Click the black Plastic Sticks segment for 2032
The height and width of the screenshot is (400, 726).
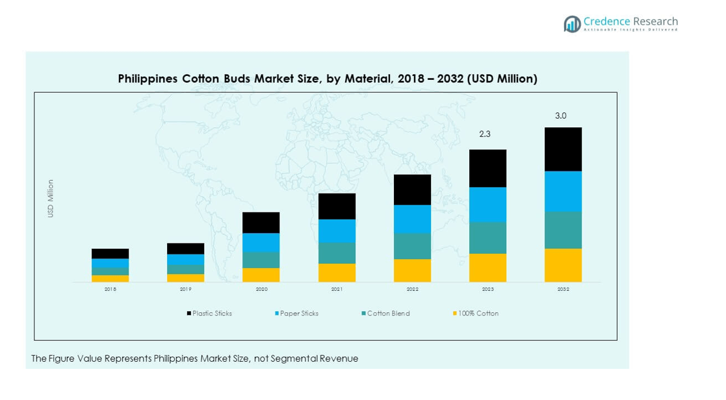(x=563, y=149)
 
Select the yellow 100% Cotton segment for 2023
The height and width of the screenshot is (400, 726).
(x=487, y=268)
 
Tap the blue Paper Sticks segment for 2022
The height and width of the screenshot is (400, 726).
(x=412, y=219)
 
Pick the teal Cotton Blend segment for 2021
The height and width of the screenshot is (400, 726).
(x=337, y=253)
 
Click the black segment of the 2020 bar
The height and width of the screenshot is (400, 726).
(x=261, y=223)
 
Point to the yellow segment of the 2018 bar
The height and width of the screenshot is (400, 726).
(x=110, y=279)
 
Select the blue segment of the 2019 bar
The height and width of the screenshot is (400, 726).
(x=185, y=259)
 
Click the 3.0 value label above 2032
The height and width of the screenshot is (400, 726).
(x=560, y=116)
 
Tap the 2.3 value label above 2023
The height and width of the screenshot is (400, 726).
(x=485, y=134)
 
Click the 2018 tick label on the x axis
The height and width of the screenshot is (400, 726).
(x=110, y=289)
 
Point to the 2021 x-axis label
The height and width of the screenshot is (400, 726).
(x=337, y=289)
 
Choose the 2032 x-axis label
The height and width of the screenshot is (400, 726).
(x=563, y=289)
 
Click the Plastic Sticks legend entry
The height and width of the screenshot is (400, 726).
(x=212, y=314)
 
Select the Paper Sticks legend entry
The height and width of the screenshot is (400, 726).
(x=299, y=314)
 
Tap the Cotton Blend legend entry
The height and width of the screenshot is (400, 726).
(x=388, y=314)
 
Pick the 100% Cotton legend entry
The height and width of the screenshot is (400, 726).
(x=478, y=314)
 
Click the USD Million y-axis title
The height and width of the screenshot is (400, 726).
(x=51, y=198)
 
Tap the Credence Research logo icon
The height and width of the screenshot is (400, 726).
(x=572, y=24)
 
